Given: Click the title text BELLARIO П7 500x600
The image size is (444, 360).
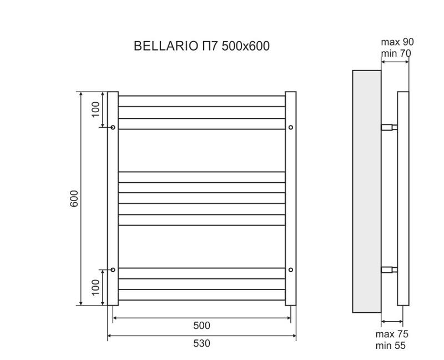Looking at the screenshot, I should [x=201, y=46].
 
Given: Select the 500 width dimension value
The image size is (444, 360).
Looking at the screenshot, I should [x=201, y=326].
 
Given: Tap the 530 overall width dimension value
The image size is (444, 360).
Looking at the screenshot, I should [x=201, y=343].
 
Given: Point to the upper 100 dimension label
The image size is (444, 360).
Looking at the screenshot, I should [x=95, y=109].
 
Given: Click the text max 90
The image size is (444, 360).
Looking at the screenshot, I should [x=397, y=42].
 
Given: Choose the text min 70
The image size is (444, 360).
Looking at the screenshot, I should [x=396, y=53].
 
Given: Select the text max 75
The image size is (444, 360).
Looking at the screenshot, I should [x=391, y=334].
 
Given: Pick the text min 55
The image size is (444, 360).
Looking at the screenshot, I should [x=390, y=345].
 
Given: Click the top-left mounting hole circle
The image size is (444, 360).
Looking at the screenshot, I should [x=113, y=128].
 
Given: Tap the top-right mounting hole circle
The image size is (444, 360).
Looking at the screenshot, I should [x=291, y=128].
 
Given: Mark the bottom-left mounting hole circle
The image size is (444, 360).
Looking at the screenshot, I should [x=113, y=269].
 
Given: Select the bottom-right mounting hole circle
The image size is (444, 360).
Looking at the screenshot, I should [x=291, y=269].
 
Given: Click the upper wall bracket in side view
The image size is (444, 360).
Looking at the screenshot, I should [x=389, y=127].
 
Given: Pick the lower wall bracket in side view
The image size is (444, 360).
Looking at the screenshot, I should [x=389, y=270].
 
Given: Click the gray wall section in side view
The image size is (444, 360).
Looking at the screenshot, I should [x=367, y=192].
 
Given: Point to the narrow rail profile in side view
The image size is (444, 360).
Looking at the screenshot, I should [x=403, y=198].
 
